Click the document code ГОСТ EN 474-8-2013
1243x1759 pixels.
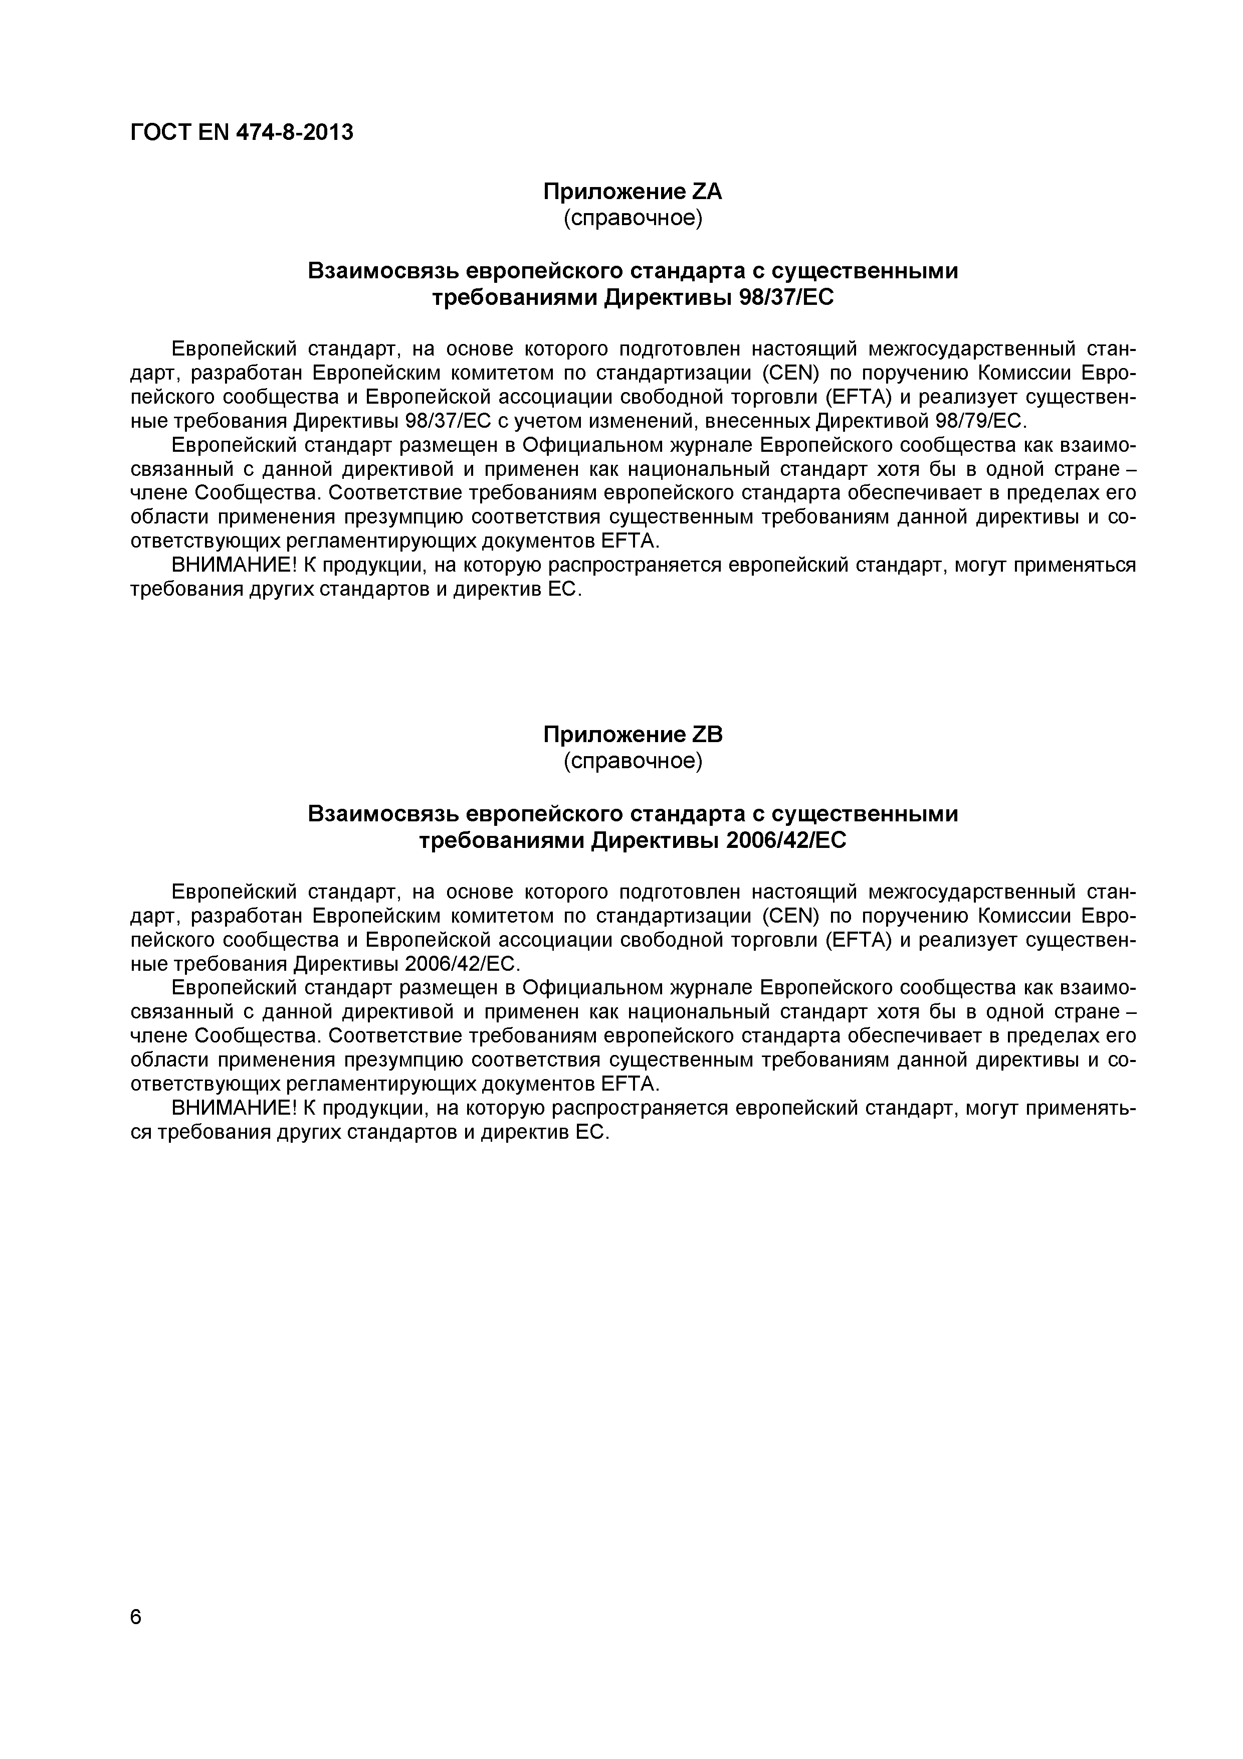click(242, 132)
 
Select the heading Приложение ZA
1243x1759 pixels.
click(633, 192)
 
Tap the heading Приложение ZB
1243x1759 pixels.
click(633, 734)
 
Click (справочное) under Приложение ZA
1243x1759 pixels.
click(633, 218)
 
